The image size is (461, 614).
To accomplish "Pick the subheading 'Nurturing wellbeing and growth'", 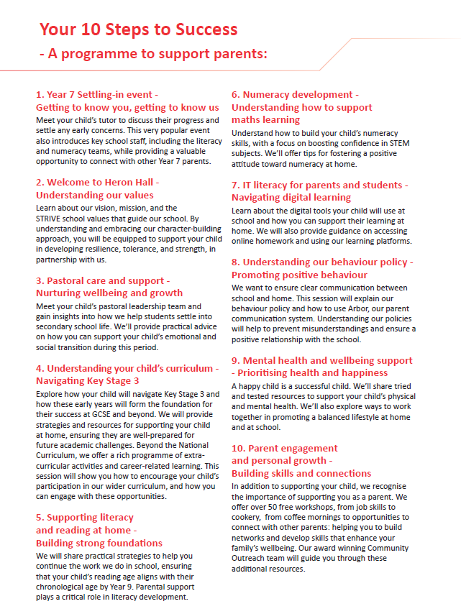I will (x=109, y=293).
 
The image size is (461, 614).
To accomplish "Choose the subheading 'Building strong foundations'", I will (x=99, y=543).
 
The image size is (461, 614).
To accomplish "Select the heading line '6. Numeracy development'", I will (x=295, y=94).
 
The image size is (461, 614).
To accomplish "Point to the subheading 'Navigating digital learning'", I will (x=291, y=197).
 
